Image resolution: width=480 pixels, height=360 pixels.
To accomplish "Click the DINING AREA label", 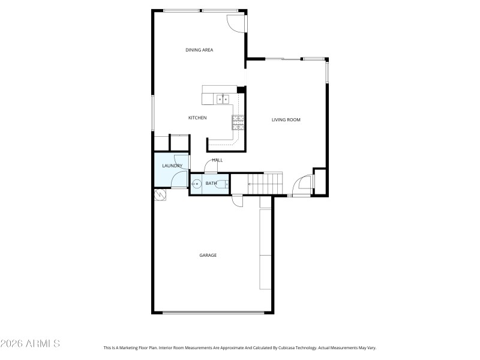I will click(199, 50).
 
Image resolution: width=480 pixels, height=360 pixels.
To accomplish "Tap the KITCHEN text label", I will click(197, 118).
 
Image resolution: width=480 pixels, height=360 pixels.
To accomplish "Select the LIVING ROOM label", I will click(286, 120).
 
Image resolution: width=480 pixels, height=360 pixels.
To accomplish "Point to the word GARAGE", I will click(208, 256).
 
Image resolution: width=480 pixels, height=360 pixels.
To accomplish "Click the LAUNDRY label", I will click(172, 166).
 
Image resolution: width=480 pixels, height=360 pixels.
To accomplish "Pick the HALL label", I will click(217, 160).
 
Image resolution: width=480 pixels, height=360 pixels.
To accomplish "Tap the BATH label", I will click(211, 183).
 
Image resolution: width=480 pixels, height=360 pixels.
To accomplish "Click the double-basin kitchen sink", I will click(223, 98).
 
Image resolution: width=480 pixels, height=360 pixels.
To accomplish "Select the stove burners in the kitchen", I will click(238, 122).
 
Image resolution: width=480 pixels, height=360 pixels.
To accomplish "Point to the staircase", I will click(265, 183).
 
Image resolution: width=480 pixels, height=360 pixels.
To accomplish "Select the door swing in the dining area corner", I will click(236, 22).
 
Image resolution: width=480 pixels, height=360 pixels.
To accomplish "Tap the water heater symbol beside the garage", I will click(160, 195).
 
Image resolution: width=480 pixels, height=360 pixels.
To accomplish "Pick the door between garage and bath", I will click(238, 200).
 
